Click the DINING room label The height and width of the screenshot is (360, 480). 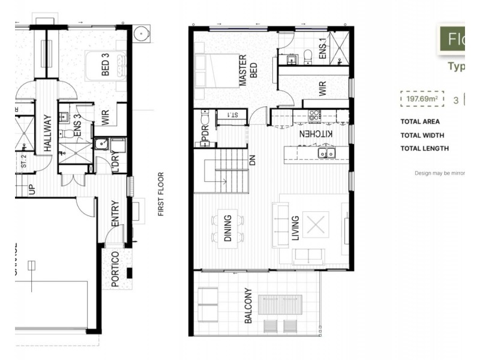pos(228,229)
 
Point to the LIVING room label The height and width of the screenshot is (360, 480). pos(295,229)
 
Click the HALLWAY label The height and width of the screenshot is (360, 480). pos(47,133)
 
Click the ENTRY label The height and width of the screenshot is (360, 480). pos(115,214)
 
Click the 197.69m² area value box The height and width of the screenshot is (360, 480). pos(422,99)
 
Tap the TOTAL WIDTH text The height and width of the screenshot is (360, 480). pos(422,136)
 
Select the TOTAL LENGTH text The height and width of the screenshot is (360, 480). pos(425,149)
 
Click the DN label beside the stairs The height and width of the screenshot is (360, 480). pos(253,161)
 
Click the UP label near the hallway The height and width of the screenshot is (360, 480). pos(33,190)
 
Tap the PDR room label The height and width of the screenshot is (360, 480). pos(205,136)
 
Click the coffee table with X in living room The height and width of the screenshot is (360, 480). pos(315,224)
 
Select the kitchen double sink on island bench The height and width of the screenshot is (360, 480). pos(326,153)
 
